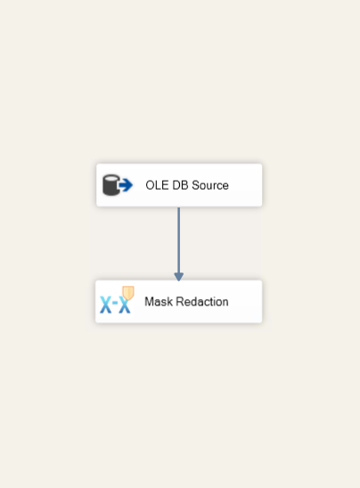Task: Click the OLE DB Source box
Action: tap(179, 185)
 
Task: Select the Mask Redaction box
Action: tap(179, 301)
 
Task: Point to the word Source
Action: tap(210, 185)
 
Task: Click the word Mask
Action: tap(159, 302)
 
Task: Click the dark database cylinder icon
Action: tap(110, 185)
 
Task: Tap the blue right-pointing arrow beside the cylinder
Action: tap(126, 185)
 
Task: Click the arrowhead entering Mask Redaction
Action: tap(179, 276)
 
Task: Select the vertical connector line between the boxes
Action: tap(179, 240)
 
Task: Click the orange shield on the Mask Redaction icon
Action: tap(128, 293)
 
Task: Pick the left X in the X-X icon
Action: tap(105, 305)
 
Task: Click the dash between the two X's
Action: tap(115, 303)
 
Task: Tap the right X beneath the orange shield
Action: tap(125, 305)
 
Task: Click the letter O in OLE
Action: tap(150, 185)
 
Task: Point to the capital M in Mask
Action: tap(149, 302)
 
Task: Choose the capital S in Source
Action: tap(195, 185)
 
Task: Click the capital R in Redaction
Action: tap(180, 302)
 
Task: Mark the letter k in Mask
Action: tap(169, 302)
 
